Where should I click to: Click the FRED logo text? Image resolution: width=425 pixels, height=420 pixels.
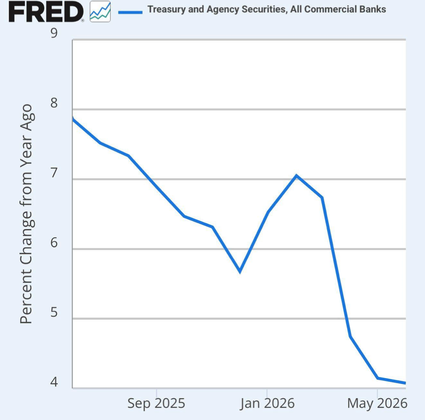point(46,12)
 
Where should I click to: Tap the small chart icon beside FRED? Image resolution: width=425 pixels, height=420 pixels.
point(100,11)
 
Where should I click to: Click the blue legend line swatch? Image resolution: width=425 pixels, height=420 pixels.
point(130,12)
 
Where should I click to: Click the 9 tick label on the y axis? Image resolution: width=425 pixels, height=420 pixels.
point(54,33)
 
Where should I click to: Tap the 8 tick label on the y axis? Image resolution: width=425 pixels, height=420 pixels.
point(54,103)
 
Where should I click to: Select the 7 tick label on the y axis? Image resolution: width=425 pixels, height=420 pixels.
point(54,173)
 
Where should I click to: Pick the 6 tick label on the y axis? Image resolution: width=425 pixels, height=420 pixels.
point(54,242)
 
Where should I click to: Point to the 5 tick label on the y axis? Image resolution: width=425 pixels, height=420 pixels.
point(54,312)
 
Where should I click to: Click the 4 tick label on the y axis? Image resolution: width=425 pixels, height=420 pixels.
point(54,382)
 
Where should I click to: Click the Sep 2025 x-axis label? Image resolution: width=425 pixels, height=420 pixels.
point(156,404)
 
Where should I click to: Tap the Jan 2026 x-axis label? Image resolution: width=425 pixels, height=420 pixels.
point(267,404)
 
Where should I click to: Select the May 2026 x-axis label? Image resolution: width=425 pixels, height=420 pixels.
point(377,404)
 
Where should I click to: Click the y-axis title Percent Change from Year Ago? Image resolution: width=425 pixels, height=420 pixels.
point(26,214)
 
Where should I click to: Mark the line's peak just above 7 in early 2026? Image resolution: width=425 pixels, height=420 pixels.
point(296,175)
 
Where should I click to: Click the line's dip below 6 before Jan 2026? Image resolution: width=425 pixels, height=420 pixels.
point(240,271)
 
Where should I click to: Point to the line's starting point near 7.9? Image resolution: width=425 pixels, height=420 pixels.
point(73,118)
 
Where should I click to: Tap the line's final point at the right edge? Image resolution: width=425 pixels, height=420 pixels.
point(405,383)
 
